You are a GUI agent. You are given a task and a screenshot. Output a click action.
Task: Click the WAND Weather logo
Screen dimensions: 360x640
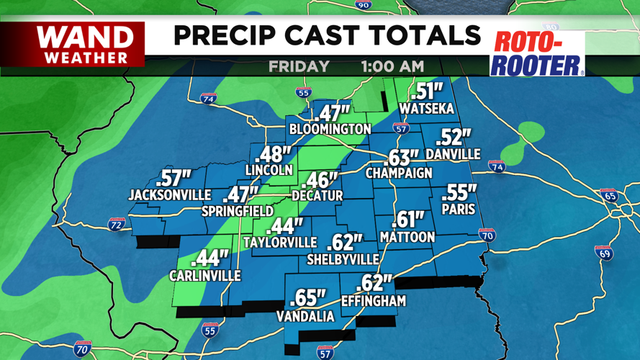85,45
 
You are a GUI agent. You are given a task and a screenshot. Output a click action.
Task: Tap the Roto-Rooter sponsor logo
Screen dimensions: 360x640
536,53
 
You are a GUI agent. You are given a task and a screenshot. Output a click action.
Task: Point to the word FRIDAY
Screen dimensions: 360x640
299,67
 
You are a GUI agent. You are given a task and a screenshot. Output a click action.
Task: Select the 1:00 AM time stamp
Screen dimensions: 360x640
392,67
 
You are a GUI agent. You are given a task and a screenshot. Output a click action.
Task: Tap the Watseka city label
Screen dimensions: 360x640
427,109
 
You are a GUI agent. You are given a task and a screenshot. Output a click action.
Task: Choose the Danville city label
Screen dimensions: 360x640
453,154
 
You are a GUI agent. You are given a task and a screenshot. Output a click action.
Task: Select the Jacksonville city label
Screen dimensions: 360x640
169,195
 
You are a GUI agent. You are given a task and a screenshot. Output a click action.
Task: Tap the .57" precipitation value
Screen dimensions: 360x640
173,178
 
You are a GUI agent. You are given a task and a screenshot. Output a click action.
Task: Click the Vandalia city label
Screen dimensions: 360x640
305,317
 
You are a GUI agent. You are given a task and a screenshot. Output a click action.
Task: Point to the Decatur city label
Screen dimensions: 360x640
317,195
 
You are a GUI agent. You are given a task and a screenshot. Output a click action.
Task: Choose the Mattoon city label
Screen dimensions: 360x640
407,237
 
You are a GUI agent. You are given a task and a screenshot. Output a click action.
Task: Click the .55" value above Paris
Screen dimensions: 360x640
459,192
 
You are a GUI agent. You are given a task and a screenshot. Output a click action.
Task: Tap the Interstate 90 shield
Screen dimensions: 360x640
364,4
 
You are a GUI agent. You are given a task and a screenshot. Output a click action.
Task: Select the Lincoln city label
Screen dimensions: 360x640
269,170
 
